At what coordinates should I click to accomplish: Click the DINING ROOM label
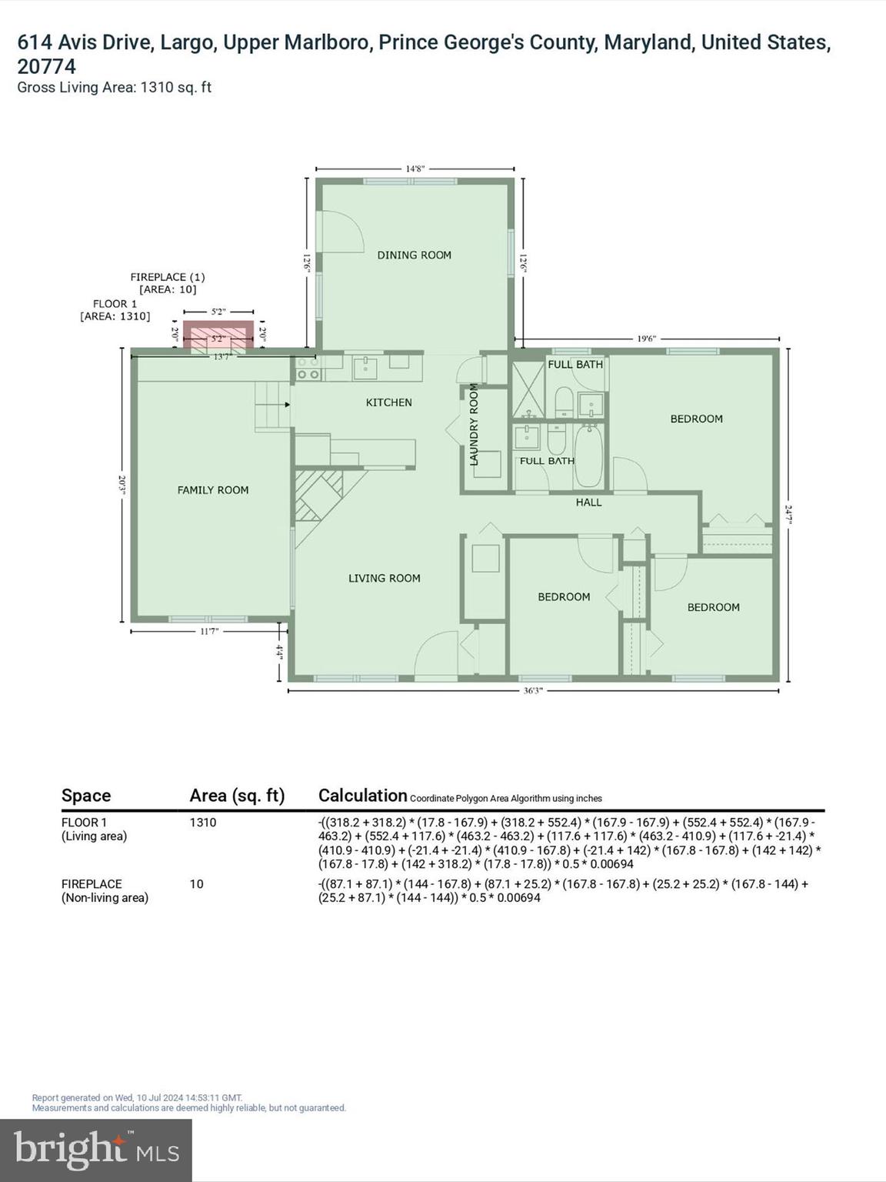[414, 255]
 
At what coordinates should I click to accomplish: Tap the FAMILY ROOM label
[213, 489]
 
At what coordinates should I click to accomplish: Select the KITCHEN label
[388, 402]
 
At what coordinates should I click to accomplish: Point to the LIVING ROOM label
[384, 578]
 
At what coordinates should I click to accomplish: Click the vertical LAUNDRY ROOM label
[474, 424]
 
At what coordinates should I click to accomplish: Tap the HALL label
[588, 502]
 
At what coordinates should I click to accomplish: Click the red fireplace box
[218, 335]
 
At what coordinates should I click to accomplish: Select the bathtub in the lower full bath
[589, 456]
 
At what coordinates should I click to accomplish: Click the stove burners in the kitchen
[308, 368]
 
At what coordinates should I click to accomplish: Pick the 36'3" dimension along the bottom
[533, 691]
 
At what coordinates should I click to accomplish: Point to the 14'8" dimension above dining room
[415, 169]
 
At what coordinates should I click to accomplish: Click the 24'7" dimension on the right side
[788, 513]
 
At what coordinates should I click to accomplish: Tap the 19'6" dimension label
[646, 338]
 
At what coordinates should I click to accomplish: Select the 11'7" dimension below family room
[208, 631]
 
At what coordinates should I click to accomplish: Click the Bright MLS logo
[96, 1150]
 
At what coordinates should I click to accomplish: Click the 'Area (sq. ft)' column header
[237, 796]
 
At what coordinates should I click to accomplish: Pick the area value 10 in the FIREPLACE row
[197, 884]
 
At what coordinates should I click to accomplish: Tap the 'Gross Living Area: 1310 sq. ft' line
[114, 88]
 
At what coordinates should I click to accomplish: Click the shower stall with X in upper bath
[528, 389]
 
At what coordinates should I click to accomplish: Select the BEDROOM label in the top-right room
[696, 419]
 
